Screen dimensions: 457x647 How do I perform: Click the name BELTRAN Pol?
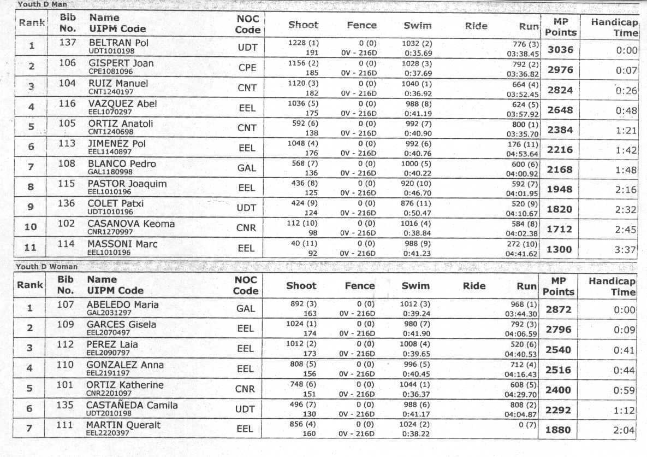(118, 43)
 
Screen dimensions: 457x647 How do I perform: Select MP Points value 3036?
(560, 50)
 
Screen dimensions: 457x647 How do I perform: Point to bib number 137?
(67, 43)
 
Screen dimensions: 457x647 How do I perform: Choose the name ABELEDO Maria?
(116, 304)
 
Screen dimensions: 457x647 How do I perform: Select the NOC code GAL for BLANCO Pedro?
(247, 168)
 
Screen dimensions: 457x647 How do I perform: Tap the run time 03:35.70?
(523, 133)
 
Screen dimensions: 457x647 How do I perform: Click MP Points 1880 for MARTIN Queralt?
(559, 430)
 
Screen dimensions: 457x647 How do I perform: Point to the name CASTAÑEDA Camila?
(132, 405)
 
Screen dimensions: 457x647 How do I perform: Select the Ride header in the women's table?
(474, 285)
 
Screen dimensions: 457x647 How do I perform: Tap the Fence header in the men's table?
(361, 25)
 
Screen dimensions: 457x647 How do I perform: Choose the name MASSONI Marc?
(123, 243)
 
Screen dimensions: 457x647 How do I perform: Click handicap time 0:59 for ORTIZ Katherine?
(625, 390)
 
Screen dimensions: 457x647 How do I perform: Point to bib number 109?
(66, 325)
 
